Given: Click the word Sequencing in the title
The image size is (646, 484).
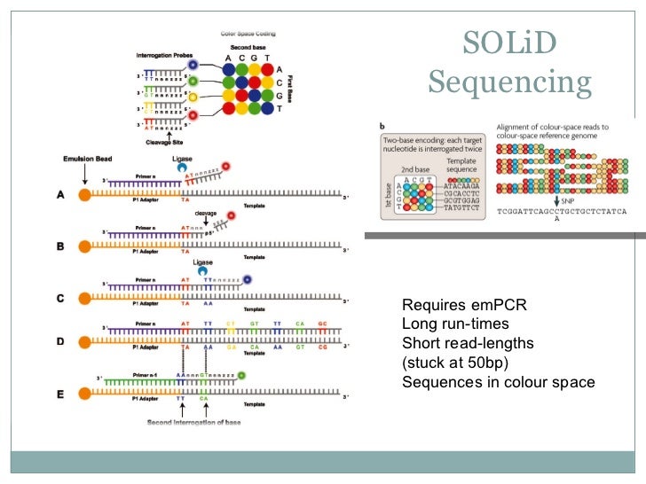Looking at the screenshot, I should point(509,84).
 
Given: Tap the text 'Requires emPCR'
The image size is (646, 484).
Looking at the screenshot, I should point(464,306).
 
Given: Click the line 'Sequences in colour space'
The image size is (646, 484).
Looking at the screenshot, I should point(499,383).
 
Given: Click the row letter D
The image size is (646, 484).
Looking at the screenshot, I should point(59,340).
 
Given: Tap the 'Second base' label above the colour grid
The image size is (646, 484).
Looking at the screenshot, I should point(249,47).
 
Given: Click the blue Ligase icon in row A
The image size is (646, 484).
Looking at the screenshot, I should point(182,167).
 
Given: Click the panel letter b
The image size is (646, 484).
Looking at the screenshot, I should point(381,127).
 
